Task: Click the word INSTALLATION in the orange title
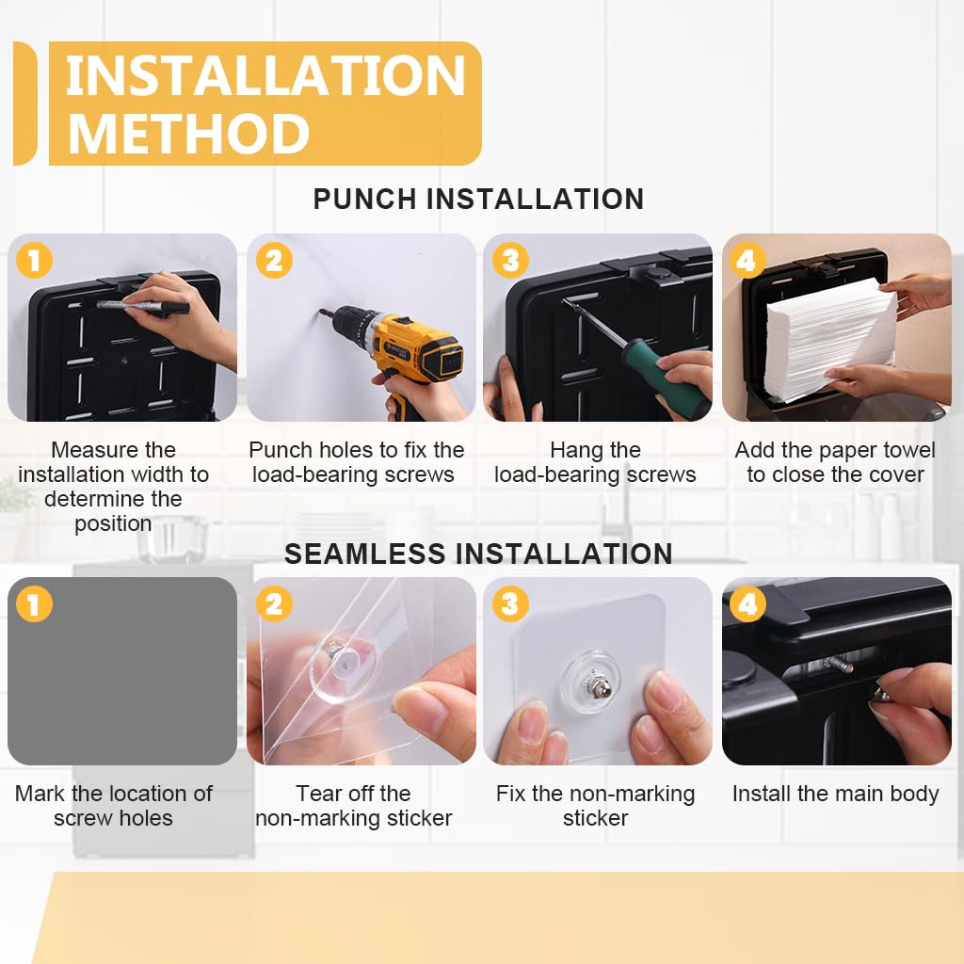click(x=265, y=76)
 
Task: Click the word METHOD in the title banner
click(x=188, y=134)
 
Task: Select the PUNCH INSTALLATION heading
click(x=478, y=200)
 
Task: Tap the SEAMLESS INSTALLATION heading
click(x=478, y=554)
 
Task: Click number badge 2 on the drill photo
click(x=273, y=260)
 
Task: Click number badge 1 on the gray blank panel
click(x=34, y=603)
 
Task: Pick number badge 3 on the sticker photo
click(x=510, y=603)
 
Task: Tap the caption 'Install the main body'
click(x=835, y=794)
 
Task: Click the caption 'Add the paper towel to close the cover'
click(x=835, y=462)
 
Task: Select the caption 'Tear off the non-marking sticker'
click(x=354, y=806)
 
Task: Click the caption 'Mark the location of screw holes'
click(x=114, y=806)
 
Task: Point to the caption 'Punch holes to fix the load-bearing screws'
click(x=356, y=462)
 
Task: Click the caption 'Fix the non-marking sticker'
click(x=595, y=806)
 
